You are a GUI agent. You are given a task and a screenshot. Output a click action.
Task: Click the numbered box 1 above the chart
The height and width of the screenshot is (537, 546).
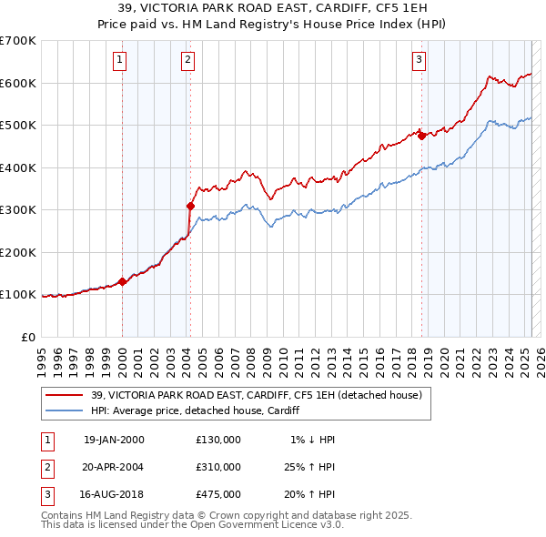[119, 60]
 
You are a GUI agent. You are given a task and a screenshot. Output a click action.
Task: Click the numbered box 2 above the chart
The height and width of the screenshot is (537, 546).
[187, 60]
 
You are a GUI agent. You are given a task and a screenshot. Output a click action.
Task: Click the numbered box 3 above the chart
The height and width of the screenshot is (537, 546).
[419, 60]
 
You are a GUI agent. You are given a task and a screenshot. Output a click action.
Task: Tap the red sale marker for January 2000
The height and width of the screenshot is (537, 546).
[122, 282]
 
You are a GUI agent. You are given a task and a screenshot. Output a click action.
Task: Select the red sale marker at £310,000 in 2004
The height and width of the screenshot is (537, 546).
[191, 206]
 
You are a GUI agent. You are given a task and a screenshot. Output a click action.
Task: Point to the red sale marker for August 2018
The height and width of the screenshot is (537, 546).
[421, 136]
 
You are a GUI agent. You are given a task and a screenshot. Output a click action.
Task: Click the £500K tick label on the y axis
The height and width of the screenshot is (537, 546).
[18, 126]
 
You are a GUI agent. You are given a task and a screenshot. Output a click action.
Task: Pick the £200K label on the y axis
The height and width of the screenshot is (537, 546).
[18, 252]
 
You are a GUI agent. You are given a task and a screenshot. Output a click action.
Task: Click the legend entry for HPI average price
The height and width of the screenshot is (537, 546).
[197, 410]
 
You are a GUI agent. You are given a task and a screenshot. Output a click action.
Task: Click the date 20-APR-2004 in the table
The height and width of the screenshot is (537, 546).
[114, 467]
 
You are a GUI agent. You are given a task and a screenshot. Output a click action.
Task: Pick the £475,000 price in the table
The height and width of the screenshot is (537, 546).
[218, 494]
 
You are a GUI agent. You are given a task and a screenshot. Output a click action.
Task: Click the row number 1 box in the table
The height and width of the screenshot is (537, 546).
[47, 440]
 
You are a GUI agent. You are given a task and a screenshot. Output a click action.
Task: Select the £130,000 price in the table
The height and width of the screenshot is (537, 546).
[218, 440]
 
